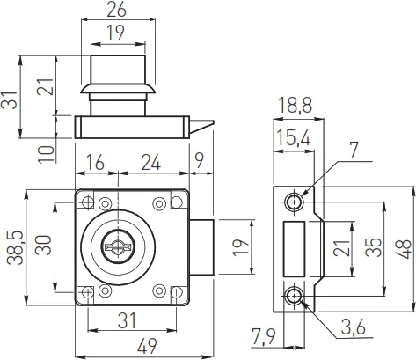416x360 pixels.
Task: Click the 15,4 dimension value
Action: (x=293, y=138)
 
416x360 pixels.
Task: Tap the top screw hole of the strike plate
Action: (x=295, y=202)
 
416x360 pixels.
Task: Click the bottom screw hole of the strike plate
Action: (x=295, y=295)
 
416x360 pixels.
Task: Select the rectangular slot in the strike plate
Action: (x=295, y=249)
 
